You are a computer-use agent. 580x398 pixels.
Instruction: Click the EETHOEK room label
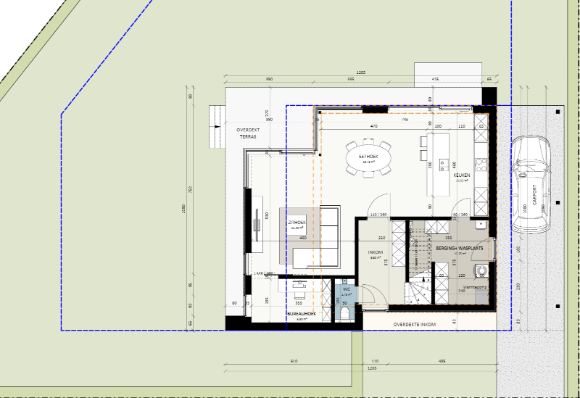click(368, 156)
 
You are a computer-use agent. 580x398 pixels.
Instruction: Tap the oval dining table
click(368, 157)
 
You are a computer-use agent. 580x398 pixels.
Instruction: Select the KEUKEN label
click(462, 175)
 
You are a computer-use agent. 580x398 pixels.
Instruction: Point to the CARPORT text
click(536, 195)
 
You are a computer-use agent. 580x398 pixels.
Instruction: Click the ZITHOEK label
click(297, 223)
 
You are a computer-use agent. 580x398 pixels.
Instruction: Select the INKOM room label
click(376, 252)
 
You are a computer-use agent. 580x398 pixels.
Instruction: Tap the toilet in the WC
click(346, 312)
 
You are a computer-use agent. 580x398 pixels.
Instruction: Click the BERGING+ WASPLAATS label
click(460, 248)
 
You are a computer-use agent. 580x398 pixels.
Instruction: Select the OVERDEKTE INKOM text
click(414, 324)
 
